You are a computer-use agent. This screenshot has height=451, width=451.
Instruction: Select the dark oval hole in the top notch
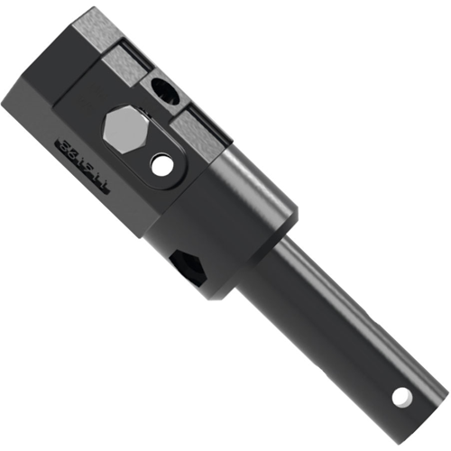pyautogui.click(x=165, y=90)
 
